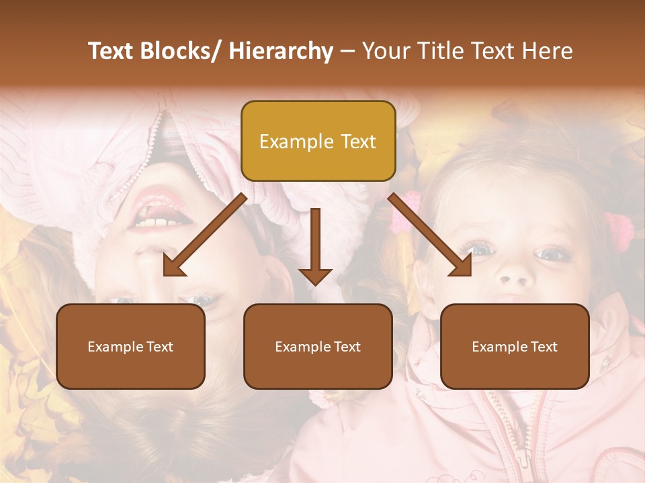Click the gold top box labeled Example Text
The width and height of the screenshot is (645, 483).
tap(318, 141)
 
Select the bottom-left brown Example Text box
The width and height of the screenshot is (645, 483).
tap(130, 346)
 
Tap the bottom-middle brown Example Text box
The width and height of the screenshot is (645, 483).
tap(318, 346)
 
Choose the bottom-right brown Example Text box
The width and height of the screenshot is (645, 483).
tap(515, 346)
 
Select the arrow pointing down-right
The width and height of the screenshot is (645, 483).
tap(431, 235)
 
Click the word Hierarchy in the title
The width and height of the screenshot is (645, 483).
tap(281, 51)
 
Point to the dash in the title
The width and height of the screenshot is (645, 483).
tap(347, 52)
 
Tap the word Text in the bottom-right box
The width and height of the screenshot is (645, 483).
tap(543, 347)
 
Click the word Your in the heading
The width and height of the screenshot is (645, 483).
tap(386, 51)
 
